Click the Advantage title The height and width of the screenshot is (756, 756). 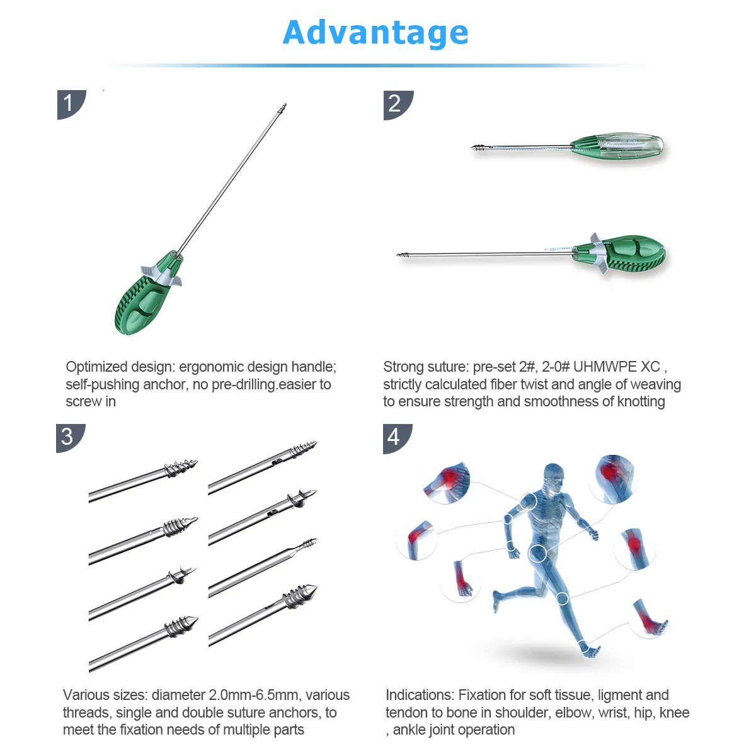coord(376,33)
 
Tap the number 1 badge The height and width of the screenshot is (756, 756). coord(69,103)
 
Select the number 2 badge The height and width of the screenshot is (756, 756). coord(396,103)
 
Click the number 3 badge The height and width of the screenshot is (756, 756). coord(68,436)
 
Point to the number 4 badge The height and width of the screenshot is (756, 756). coord(395,437)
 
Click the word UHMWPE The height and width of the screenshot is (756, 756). coord(605,367)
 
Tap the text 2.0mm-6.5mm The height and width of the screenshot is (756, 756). coord(253,695)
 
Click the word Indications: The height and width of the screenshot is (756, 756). coord(420,695)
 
